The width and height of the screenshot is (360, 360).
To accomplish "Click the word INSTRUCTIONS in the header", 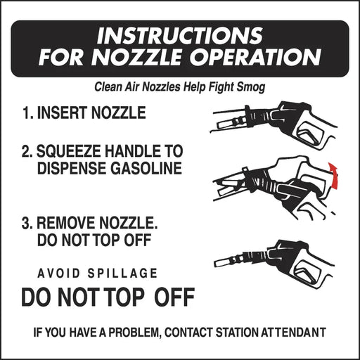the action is click(180, 35).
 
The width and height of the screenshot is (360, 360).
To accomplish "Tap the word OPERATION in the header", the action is click(255, 57).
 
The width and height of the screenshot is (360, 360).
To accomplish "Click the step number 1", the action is click(27, 112).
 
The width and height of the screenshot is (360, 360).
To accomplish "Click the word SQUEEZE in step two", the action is click(68, 151).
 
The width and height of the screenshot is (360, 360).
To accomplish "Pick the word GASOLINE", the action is click(146, 168).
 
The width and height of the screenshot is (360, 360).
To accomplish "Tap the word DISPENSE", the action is click(72, 168).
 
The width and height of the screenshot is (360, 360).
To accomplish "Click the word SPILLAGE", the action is click(122, 274).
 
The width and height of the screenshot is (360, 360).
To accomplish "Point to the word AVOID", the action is click(58, 274).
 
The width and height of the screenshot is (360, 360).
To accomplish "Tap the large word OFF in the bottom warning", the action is click(174, 297).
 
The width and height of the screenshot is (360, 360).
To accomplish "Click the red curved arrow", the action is click(333, 175).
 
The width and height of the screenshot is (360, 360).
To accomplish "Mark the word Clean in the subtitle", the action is click(108, 87).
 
